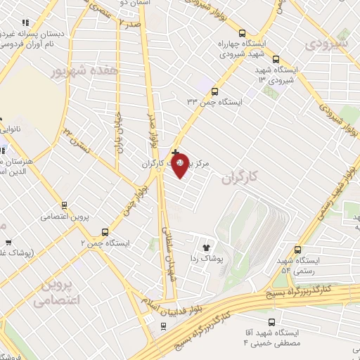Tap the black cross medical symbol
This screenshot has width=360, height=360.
pyautogui.click(x=175, y=152)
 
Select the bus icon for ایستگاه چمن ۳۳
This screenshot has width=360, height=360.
pyautogui.click(x=215, y=91)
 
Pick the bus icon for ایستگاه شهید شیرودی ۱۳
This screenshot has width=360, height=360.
pyautogui.click(x=276, y=60)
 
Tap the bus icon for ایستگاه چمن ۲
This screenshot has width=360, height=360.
pyautogui.click(x=105, y=231)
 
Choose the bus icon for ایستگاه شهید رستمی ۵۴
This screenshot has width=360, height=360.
pyautogui.click(x=298, y=249)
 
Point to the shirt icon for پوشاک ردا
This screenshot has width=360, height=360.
pyautogui.click(x=206, y=247)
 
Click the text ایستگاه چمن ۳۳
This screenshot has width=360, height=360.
pyautogui.click(x=214, y=103)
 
